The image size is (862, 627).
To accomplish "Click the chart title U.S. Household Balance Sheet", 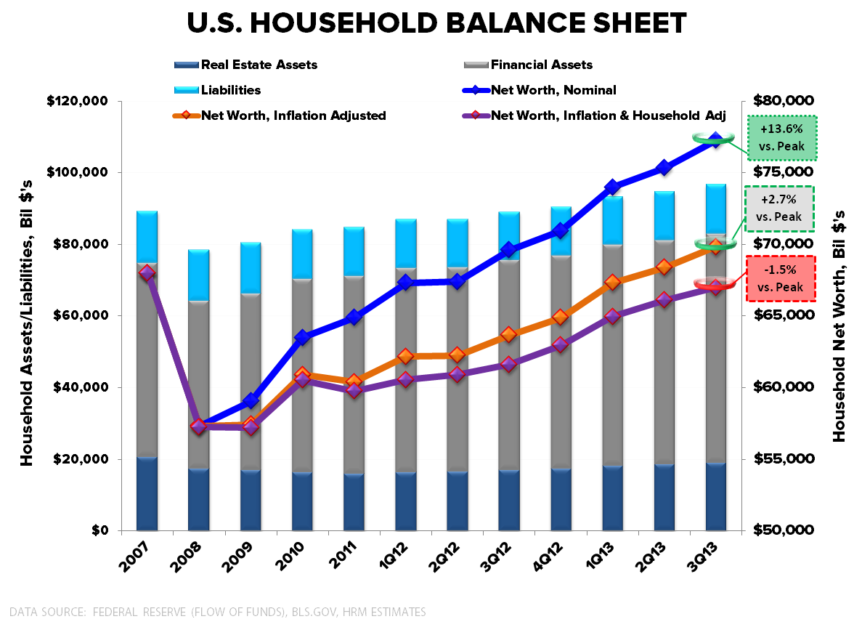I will pyautogui.click(x=436, y=23).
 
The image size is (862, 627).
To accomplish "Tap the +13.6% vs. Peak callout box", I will pyautogui.click(x=781, y=138).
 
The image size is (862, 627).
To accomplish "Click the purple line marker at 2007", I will pyautogui.click(x=147, y=273).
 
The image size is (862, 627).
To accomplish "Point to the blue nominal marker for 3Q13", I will pyautogui.click(x=715, y=140).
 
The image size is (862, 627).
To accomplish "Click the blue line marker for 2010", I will pyautogui.click(x=303, y=338).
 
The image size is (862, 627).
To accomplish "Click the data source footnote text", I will pyautogui.click(x=218, y=612).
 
